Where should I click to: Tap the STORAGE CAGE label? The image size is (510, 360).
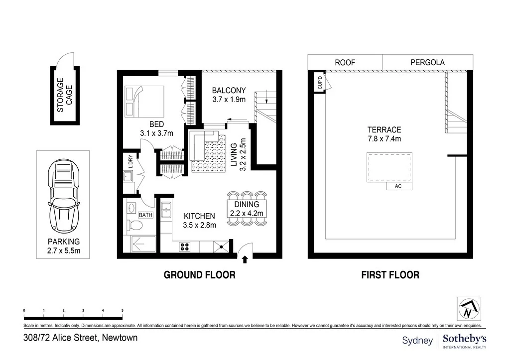[64, 95]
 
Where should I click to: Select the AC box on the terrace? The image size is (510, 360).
[397, 186]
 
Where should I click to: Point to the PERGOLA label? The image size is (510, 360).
[427, 62]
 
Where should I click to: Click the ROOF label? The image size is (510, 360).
[345, 62]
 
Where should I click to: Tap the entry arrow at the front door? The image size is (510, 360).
[244, 257]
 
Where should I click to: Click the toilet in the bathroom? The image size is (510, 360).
[135, 226]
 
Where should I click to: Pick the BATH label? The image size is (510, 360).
[145, 215]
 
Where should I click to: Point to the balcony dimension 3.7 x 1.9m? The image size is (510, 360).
[229, 99]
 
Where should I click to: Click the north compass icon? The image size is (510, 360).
[469, 309]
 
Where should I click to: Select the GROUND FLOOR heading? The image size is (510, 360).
[199, 274]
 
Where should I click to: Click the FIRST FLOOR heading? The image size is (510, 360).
[390, 274]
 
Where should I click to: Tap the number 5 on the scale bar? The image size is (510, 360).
[123, 311]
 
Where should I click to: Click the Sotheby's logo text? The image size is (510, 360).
[464, 339]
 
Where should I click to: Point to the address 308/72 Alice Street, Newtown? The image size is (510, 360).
[80, 338]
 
